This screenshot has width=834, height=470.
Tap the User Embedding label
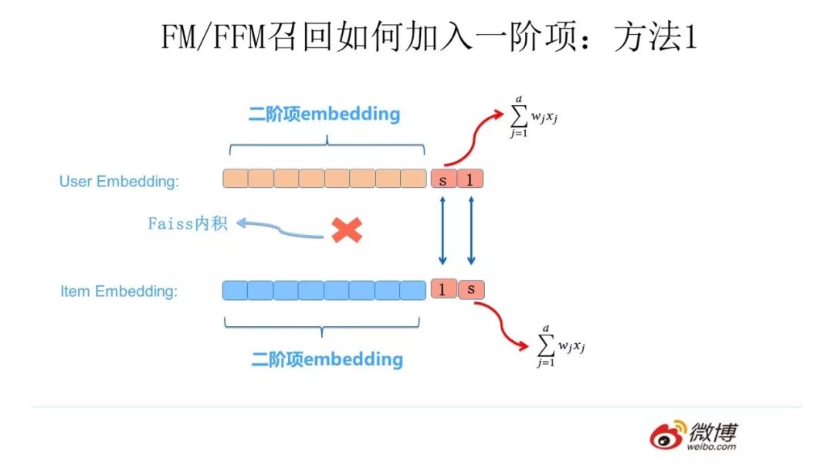click(x=119, y=182)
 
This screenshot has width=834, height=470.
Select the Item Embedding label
click(x=119, y=291)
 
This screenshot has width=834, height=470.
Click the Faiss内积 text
click(x=188, y=224)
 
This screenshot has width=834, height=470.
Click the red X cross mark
click(x=347, y=230)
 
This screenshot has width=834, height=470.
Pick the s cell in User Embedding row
click(x=443, y=179)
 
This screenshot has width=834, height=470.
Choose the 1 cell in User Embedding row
click(x=470, y=179)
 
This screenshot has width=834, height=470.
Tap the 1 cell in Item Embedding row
click(x=443, y=290)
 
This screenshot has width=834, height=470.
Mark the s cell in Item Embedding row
click(x=470, y=290)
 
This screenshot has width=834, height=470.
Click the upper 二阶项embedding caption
click(x=324, y=114)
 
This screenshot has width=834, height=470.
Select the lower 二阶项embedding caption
click(x=327, y=359)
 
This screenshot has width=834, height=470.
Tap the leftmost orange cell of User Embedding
click(x=236, y=179)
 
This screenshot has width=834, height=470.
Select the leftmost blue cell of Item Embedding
click(x=235, y=290)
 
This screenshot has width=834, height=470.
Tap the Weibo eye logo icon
click(x=667, y=435)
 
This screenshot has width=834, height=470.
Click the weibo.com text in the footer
click(x=712, y=447)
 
